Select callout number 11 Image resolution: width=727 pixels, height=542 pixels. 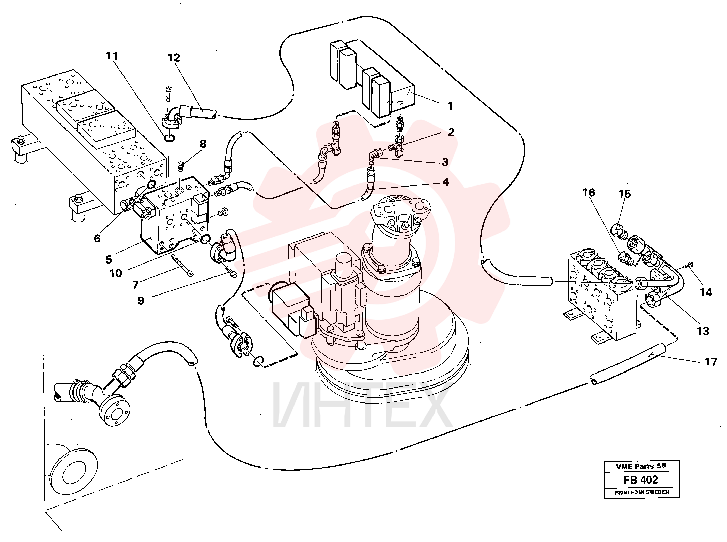click(112, 56)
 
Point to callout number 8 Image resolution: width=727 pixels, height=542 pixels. click(203, 144)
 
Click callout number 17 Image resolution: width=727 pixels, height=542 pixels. click(711, 362)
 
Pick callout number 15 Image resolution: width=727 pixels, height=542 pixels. click(625, 194)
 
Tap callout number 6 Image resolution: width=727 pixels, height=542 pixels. click(97, 239)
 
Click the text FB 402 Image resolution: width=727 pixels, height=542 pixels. click(640, 480)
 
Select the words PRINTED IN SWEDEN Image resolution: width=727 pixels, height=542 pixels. click(642, 492)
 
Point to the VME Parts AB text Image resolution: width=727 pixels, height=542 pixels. click(641, 466)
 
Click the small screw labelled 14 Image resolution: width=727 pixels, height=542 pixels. click(688, 265)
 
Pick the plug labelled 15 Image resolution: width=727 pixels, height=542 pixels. click(619, 231)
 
